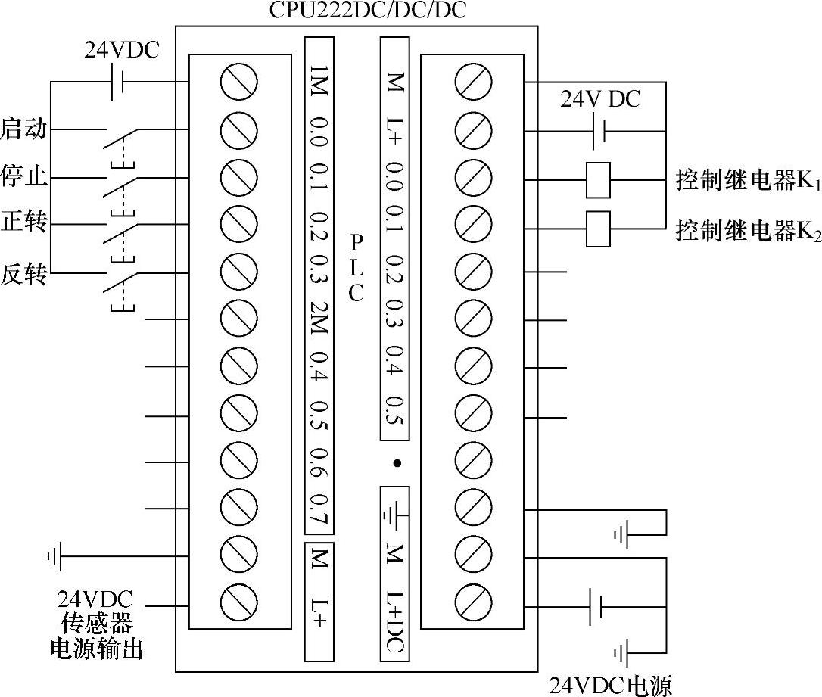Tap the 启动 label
(23, 129)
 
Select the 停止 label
(23, 178)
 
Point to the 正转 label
(23, 224)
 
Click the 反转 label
(23, 274)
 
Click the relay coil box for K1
(598, 180)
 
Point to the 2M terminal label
(318, 316)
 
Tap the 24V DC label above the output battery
(600, 99)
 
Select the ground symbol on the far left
(54, 559)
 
